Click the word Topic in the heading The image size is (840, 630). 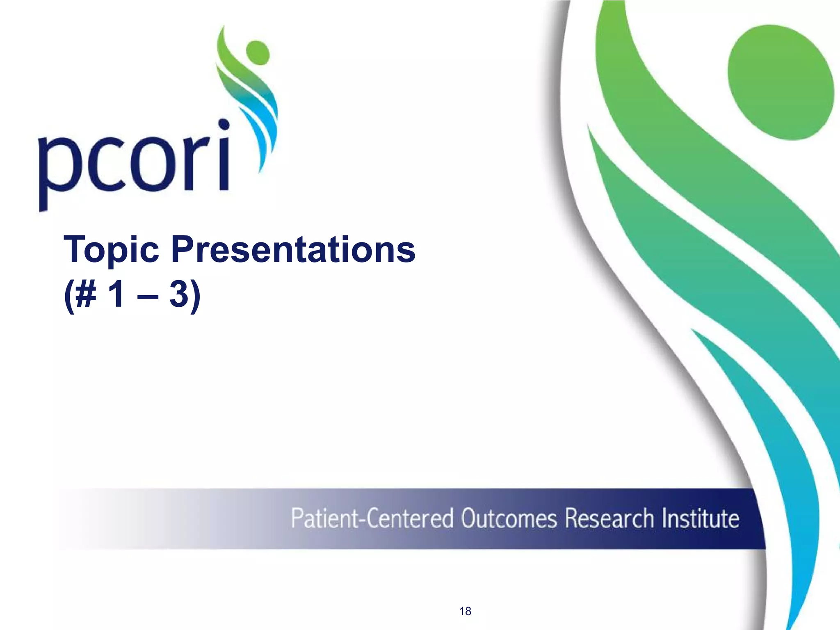pyautogui.click(x=111, y=250)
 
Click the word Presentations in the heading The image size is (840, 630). pyautogui.click(x=293, y=250)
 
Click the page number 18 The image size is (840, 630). pyautogui.click(x=465, y=611)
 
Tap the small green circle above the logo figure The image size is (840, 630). pyautogui.click(x=258, y=52)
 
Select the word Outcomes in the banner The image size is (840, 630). pyautogui.click(x=509, y=518)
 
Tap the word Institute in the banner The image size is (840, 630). pyautogui.click(x=700, y=518)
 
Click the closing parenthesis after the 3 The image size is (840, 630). pyautogui.click(x=196, y=295)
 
